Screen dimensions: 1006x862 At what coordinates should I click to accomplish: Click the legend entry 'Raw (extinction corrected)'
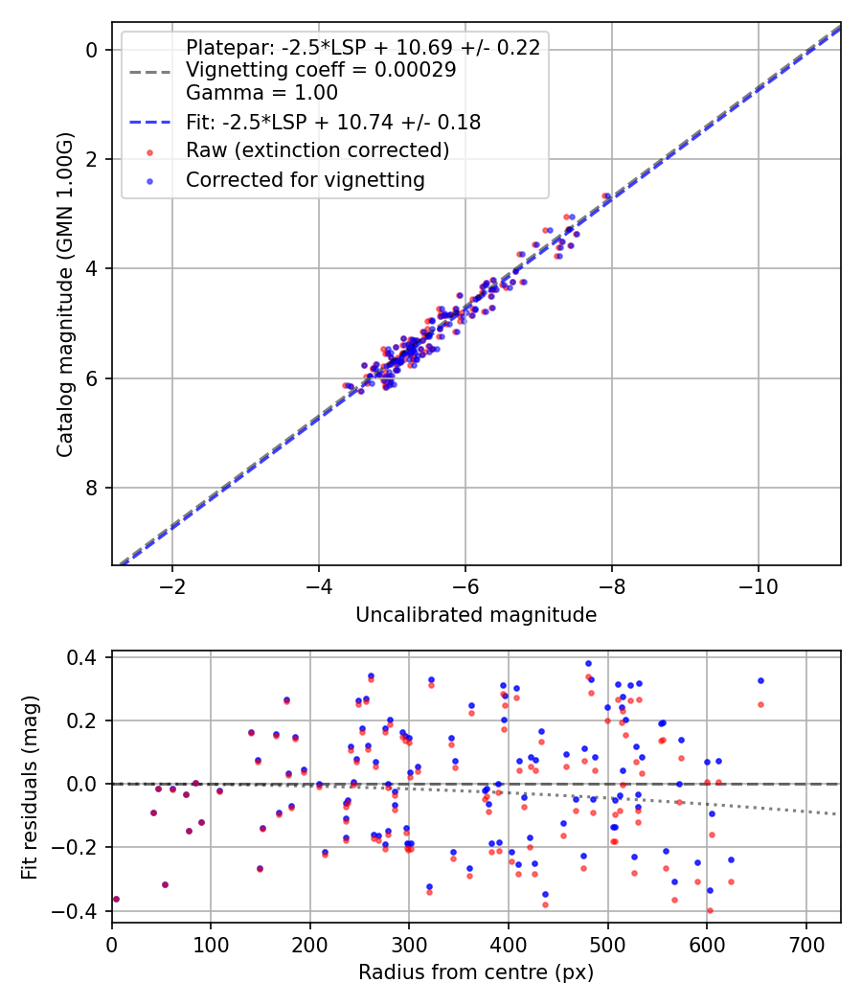point(317,150)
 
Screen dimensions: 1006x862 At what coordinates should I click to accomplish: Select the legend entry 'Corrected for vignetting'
point(305,179)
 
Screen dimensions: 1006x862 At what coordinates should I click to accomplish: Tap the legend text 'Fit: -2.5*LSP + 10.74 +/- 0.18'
point(332,122)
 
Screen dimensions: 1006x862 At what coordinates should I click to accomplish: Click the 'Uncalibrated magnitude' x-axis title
point(476,615)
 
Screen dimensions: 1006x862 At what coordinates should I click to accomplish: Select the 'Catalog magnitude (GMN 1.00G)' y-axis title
point(64,295)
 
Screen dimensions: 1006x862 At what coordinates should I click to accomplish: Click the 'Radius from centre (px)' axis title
point(476,972)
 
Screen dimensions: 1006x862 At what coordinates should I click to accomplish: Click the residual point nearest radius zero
point(116,899)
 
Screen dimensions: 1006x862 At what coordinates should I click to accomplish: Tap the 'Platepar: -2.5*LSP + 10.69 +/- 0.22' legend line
point(362,47)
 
